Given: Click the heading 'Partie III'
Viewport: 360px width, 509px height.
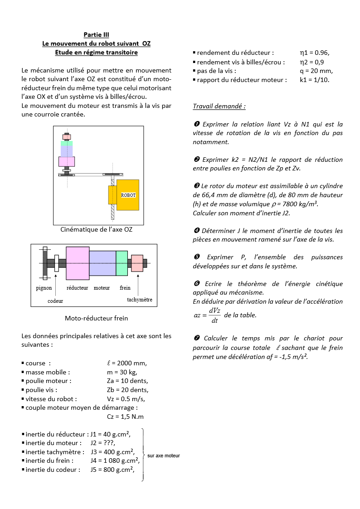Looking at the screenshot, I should [x=96, y=34].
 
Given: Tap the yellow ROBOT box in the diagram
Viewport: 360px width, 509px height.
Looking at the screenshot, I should [x=128, y=195].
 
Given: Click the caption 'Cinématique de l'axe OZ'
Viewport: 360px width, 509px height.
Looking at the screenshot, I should [x=96, y=229].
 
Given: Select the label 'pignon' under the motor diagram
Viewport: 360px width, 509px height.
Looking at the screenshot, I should [x=44, y=288].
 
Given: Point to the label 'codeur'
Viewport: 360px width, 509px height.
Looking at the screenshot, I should [x=55, y=301].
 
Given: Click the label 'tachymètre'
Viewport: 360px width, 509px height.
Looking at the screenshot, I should [x=140, y=300].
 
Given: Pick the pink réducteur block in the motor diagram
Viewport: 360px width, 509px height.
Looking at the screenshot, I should [x=78, y=263].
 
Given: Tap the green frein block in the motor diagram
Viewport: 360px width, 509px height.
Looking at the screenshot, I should [x=122, y=263].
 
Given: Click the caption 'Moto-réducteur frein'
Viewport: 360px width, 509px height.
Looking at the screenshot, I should [x=96, y=318].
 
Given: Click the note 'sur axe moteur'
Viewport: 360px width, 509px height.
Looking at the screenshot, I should [x=163, y=456].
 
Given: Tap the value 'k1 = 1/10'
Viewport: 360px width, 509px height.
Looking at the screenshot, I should [x=315, y=80].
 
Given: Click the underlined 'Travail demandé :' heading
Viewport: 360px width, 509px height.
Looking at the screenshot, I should [x=219, y=107].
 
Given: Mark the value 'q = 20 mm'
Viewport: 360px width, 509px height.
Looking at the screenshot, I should [x=316, y=71].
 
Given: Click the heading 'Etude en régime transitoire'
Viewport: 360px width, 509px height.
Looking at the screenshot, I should [x=96, y=52].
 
